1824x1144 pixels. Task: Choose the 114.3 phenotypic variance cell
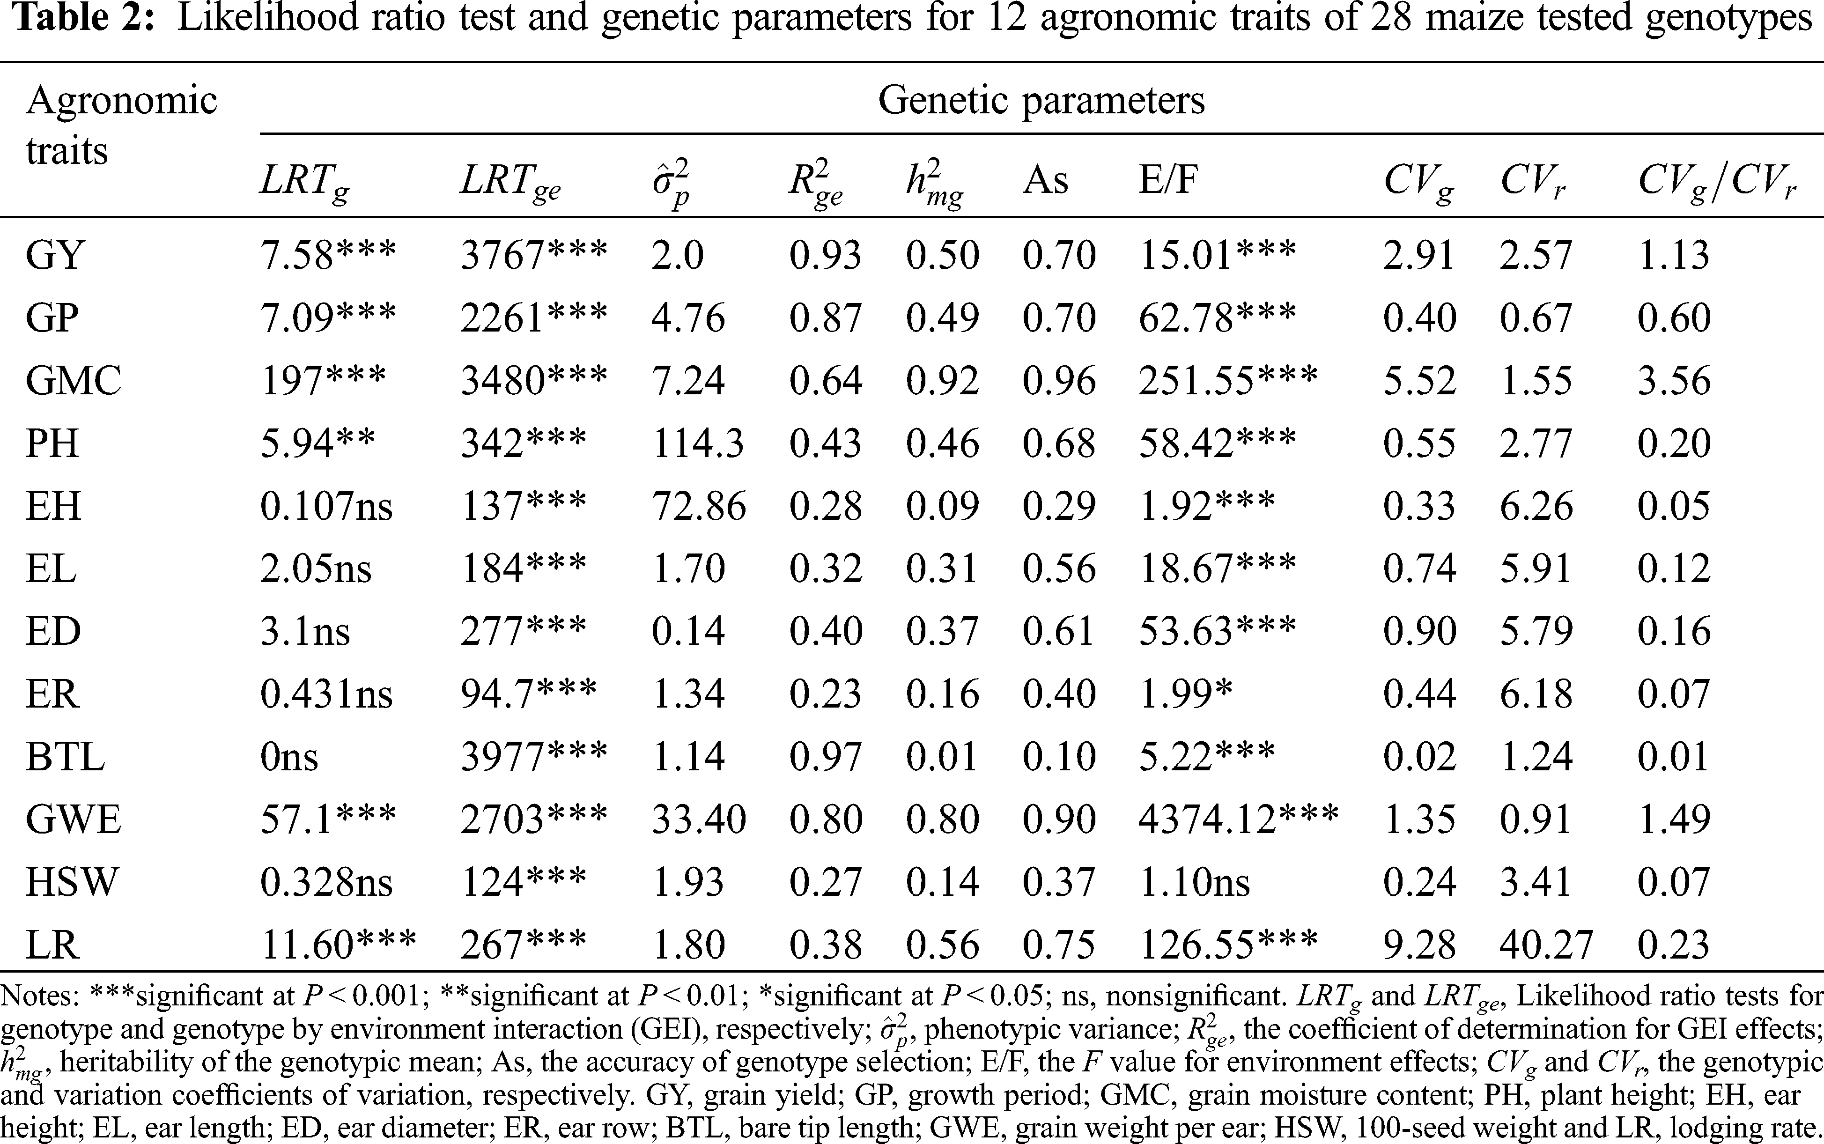pos(698,443)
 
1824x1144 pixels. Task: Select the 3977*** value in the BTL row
pos(533,757)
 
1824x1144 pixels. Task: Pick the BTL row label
pos(65,757)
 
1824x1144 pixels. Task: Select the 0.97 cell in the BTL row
pos(826,757)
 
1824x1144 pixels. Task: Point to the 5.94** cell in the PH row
pos(318,443)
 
